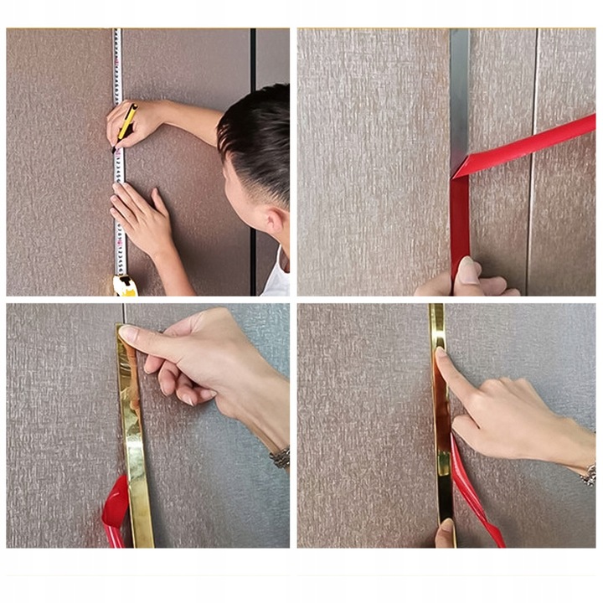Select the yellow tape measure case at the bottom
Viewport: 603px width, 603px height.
(125, 286)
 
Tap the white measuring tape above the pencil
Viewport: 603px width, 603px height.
(117, 67)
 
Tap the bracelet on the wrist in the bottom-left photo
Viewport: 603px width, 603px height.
(281, 457)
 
